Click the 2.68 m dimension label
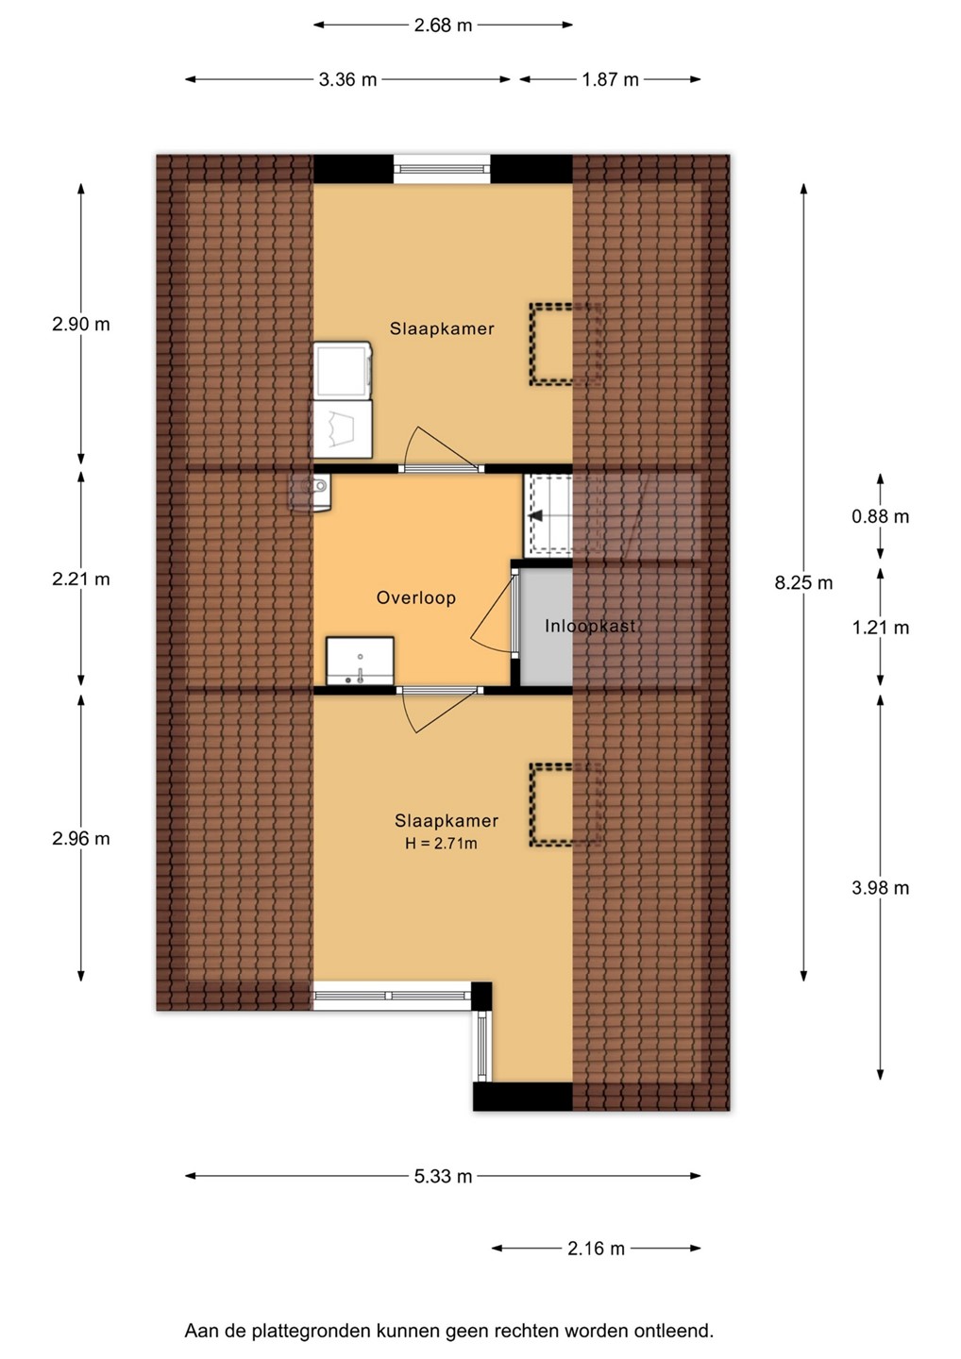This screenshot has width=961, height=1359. [443, 25]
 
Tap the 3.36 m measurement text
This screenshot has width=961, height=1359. [347, 79]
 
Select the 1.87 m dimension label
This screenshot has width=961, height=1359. [611, 79]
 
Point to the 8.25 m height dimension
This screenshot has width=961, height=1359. [804, 583]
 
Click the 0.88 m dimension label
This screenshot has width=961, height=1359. [881, 516]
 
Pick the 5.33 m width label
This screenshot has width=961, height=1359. [443, 1176]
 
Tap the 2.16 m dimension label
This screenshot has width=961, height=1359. [596, 1248]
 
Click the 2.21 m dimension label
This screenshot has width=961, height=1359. [80, 579]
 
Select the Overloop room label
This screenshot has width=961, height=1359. [415, 597]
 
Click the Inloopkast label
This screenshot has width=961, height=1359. [590, 626]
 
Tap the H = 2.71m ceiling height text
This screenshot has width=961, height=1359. [441, 843]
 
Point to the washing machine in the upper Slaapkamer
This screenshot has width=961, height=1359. [342, 370]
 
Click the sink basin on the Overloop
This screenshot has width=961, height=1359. [360, 662]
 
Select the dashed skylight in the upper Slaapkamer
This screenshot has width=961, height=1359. [566, 344]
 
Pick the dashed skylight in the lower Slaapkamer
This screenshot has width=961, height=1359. [566, 804]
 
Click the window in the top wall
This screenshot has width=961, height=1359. [442, 169]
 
